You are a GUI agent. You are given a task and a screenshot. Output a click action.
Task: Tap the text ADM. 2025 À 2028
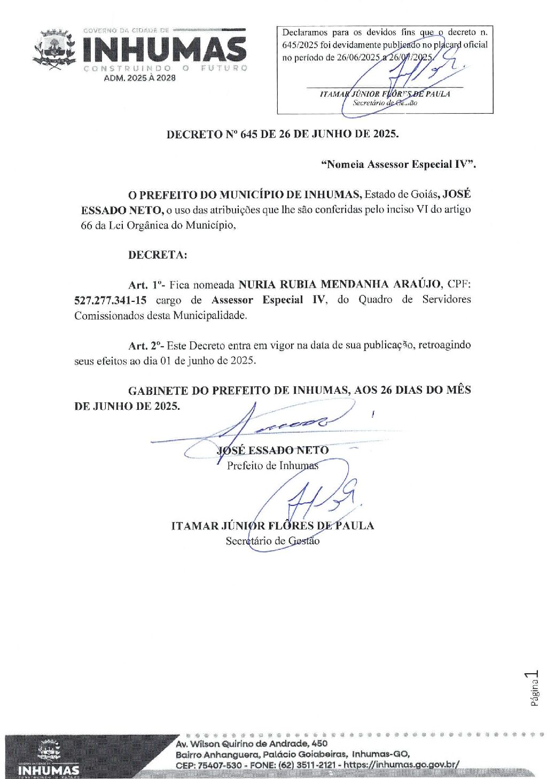coord(139,78)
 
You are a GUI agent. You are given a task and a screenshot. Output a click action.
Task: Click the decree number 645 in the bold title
coord(249,134)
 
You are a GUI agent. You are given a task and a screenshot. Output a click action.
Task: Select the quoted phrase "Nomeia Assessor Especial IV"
coord(398,165)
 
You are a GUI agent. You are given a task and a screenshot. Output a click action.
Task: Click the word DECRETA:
coord(158,255)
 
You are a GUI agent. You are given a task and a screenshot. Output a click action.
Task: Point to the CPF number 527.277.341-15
coord(110,300)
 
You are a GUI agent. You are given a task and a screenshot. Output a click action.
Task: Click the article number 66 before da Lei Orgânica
coord(87,225)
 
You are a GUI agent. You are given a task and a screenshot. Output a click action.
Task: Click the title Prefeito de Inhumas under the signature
coord(272,466)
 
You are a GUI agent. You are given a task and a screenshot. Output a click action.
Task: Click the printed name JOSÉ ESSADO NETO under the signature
coord(273,450)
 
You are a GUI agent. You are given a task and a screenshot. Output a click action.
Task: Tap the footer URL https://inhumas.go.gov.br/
coord(401,765)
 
